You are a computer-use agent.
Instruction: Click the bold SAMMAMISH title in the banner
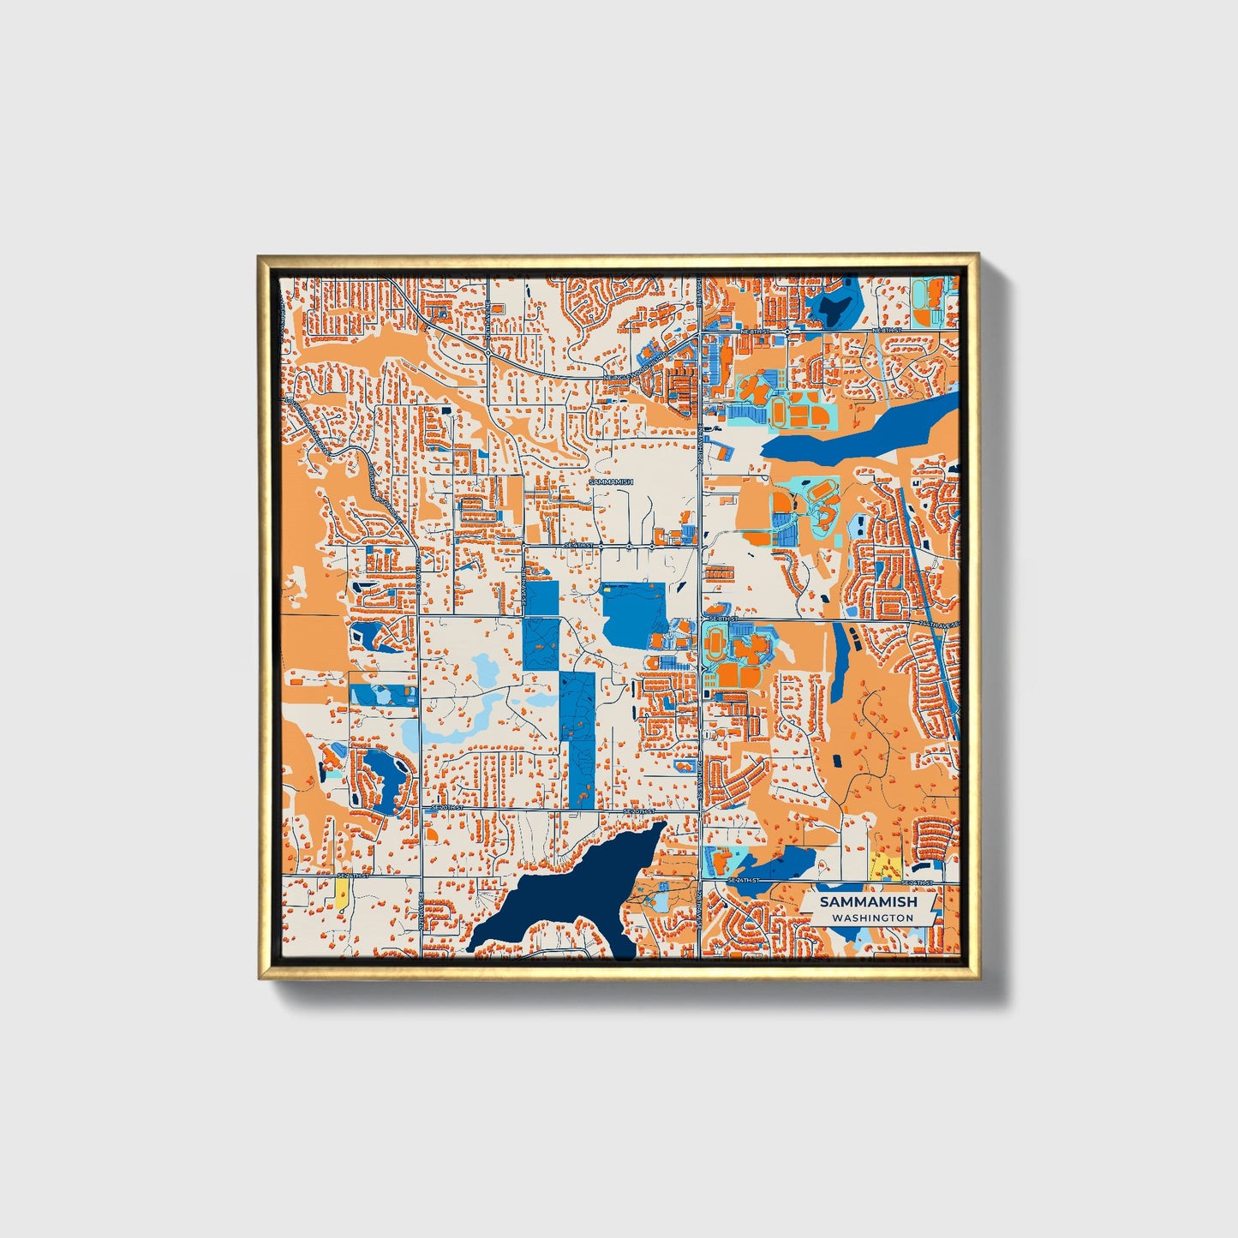867,902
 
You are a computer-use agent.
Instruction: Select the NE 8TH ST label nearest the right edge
888,330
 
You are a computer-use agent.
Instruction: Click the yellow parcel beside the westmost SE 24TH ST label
343,895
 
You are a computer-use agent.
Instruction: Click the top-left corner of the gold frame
260,256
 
